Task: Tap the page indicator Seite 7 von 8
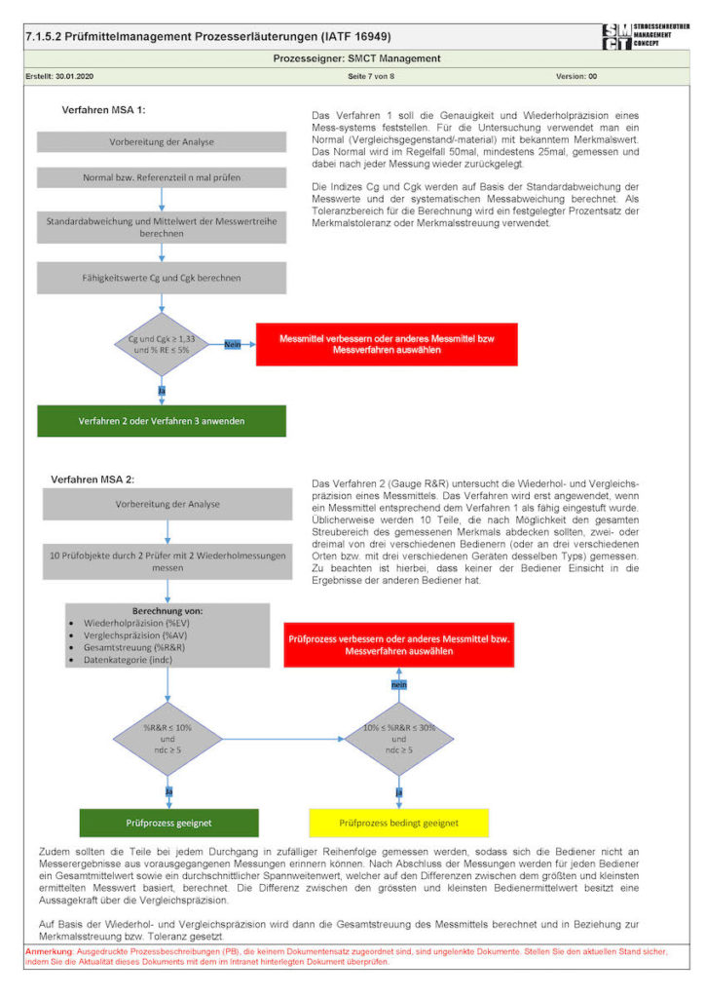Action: point(371,75)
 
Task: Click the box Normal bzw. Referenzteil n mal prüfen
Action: point(162,178)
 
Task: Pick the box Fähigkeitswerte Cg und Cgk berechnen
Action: point(162,278)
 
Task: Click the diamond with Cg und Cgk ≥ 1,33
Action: point(162,344)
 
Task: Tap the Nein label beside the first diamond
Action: point(232,344)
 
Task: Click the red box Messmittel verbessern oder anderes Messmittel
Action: point(387,344)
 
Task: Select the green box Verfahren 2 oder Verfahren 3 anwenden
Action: point(162,421)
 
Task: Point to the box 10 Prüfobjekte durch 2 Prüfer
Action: point(167,561)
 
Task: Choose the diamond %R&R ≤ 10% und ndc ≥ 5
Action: point(167,738)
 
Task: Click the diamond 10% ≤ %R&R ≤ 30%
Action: point(399,738)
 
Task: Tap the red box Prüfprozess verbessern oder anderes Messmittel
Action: point(399,645)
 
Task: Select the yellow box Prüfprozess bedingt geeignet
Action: point(399,823)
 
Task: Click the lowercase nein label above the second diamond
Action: point(398,685)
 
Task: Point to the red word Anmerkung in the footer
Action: point(50,949)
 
